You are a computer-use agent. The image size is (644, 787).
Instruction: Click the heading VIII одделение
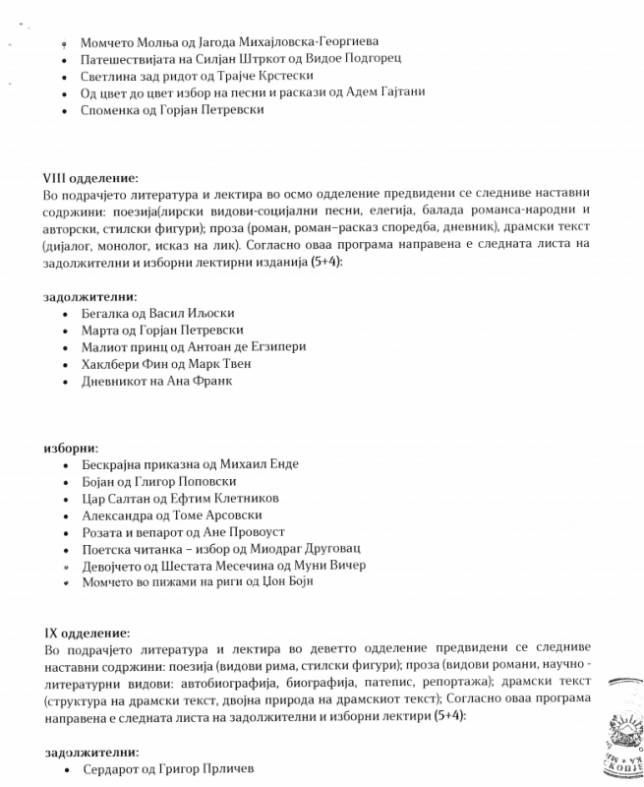[x=90, y=178]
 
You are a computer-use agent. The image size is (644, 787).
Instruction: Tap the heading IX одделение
[x=87, y=633]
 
